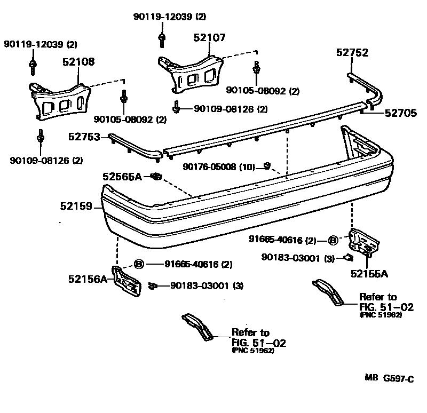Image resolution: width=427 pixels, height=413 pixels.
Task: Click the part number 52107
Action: pos(210,38)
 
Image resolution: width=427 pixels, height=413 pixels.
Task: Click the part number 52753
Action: pos(84,137)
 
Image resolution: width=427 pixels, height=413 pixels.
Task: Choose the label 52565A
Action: pos(122,176)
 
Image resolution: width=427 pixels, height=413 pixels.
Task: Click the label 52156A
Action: pos(88,279)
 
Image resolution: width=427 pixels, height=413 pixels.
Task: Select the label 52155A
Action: pos(369,274)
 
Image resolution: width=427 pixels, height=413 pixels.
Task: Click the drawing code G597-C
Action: pos(398,379)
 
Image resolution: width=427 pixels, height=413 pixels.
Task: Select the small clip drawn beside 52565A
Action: pos(155,176)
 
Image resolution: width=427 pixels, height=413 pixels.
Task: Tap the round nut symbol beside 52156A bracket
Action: pos(138,264)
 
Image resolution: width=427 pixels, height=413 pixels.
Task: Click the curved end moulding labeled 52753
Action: pos(133,146)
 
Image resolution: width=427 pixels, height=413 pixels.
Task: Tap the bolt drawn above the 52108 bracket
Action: pos(33,66)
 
